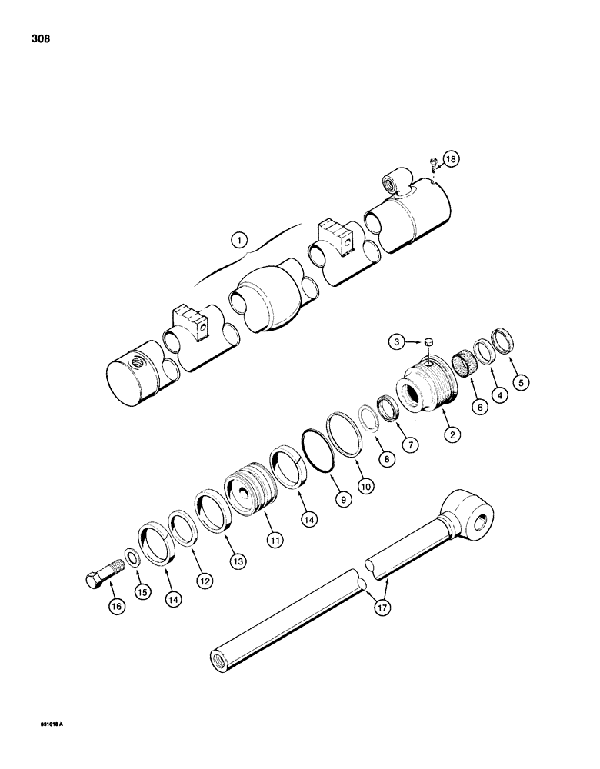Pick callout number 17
(382, 607)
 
